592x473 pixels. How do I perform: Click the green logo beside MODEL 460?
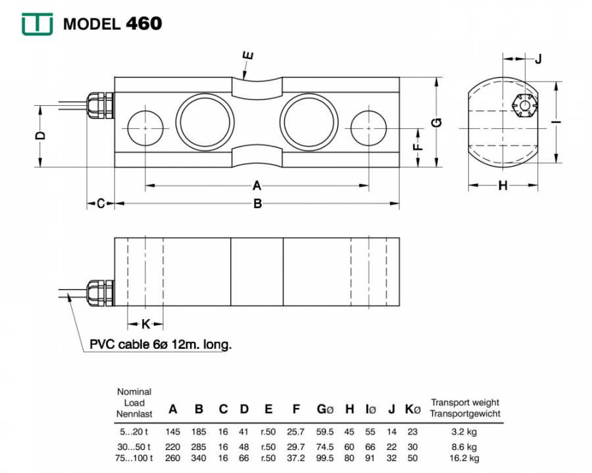click(37, 24)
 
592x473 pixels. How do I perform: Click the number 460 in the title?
click(144, 24)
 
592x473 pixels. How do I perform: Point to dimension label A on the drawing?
click(257, 185)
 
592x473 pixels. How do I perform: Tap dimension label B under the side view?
click(257, 204)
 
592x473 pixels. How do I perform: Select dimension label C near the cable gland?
click(101, 204)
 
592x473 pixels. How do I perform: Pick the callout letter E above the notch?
click(248, 56)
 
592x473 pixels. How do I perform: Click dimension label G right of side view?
click(437, 123)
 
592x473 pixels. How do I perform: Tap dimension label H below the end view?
click(503, 185)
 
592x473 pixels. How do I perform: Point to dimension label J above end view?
click(538, 59)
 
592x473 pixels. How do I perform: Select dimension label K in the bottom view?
click(146, 324)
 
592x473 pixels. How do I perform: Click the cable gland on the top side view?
click(100, 105)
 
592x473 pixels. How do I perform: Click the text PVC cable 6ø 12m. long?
click(160, 344)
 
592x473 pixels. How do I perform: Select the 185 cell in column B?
click(199, 432)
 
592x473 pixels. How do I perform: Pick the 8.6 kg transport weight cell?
click(464, 447)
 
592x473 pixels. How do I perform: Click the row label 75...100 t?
click(134, 459)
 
